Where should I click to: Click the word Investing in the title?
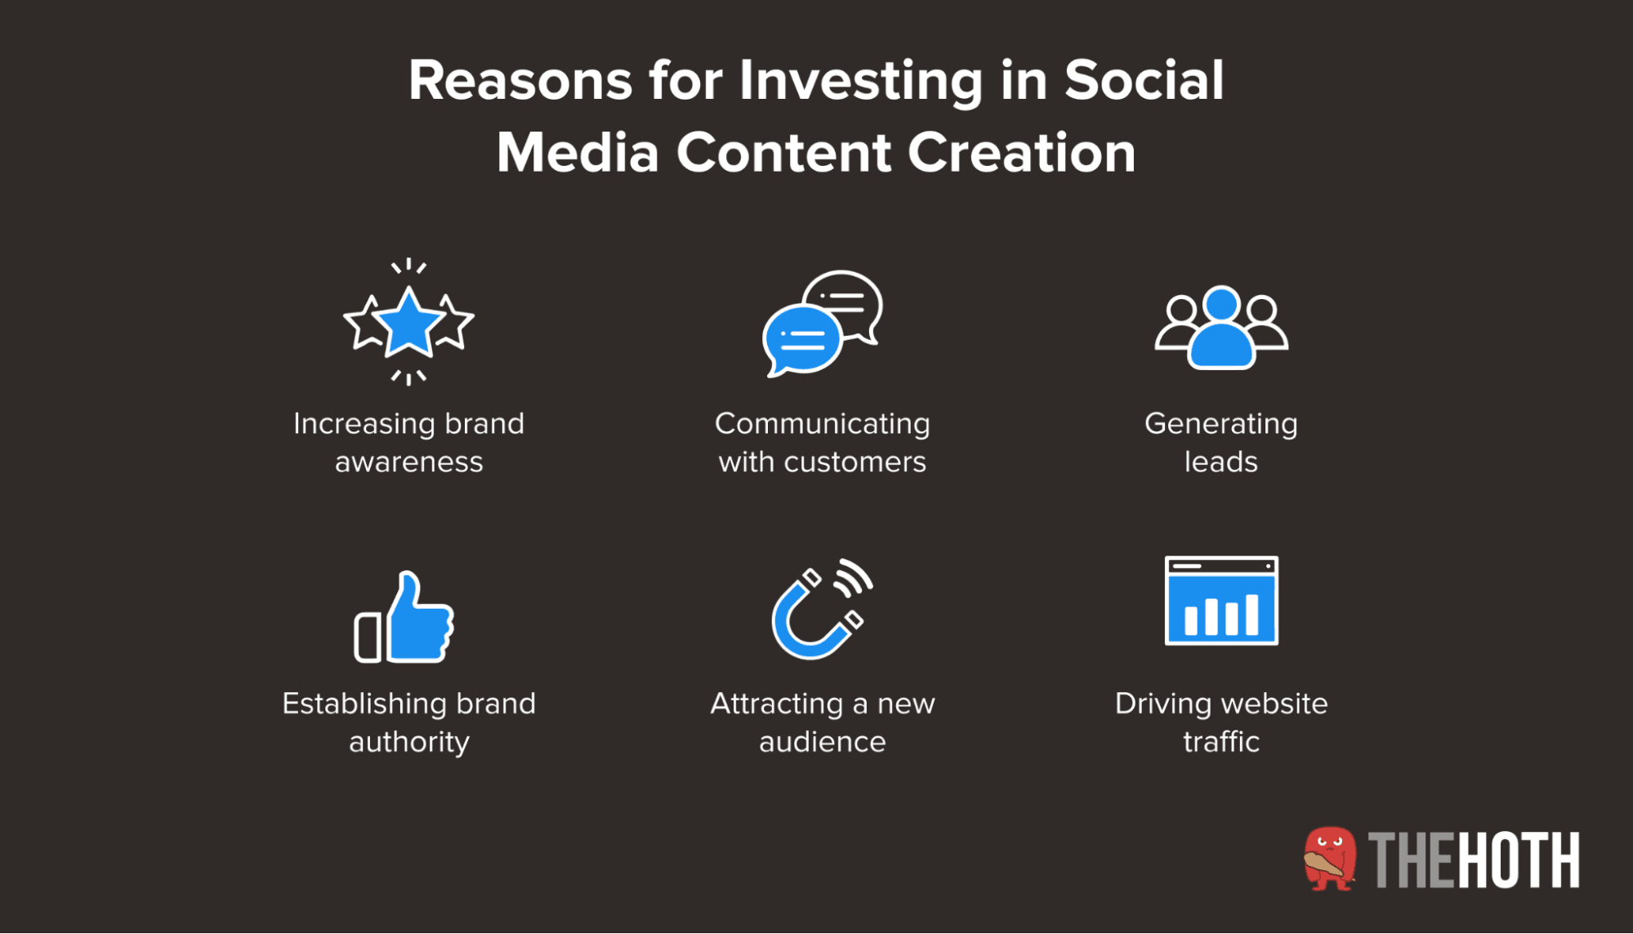[x=860, y=82]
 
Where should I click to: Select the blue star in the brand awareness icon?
[x=408, y=323]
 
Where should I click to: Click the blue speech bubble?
[x=801, y=339]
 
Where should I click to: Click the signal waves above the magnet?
[x=854, y=577]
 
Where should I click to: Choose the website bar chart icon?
[x=1221, y=601]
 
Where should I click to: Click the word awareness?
[x=408, y=463]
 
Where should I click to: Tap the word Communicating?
[x=822, y=424]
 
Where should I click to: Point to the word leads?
[x=1220, y=463]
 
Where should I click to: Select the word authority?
[x=408, y=742]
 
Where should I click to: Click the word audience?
[x=822, y=742]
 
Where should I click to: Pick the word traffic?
[x=1220, y=742]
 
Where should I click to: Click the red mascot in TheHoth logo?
[x=1329, y=859]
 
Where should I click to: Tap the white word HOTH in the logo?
[x=1519, y=860]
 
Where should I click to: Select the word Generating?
[x=1220, y=424]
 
